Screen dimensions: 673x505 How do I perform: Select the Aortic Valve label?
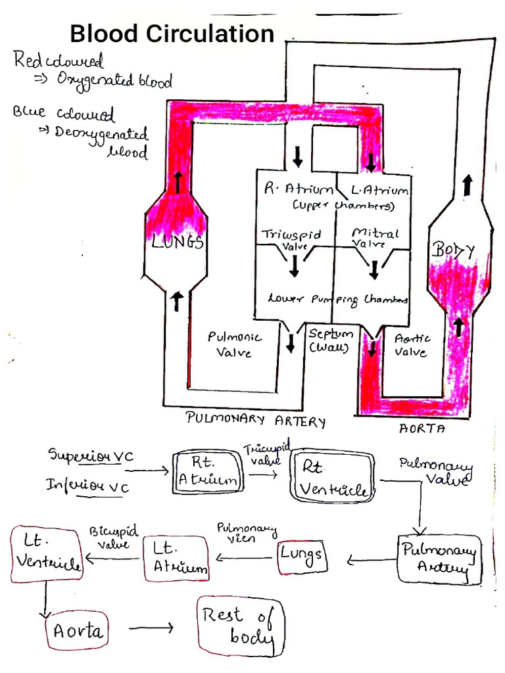(x=411, y=344)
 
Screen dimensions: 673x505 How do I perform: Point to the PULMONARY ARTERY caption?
(x=256, y=420)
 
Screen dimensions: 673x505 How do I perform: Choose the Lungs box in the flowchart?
(x=302, y=555)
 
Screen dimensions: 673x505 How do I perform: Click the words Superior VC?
(x=90, y=455)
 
